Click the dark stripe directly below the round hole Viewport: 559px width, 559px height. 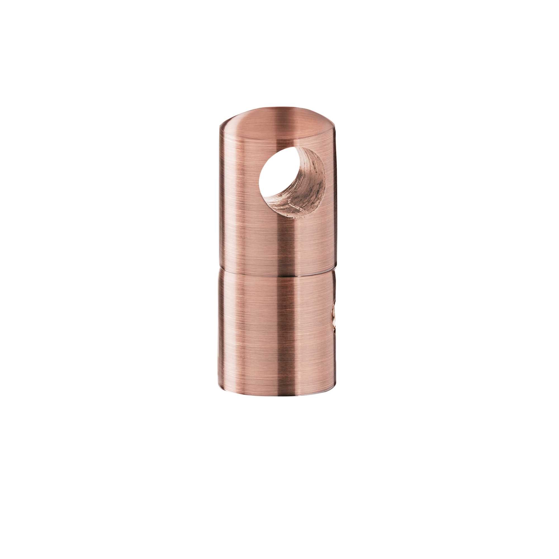click(286, 240)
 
